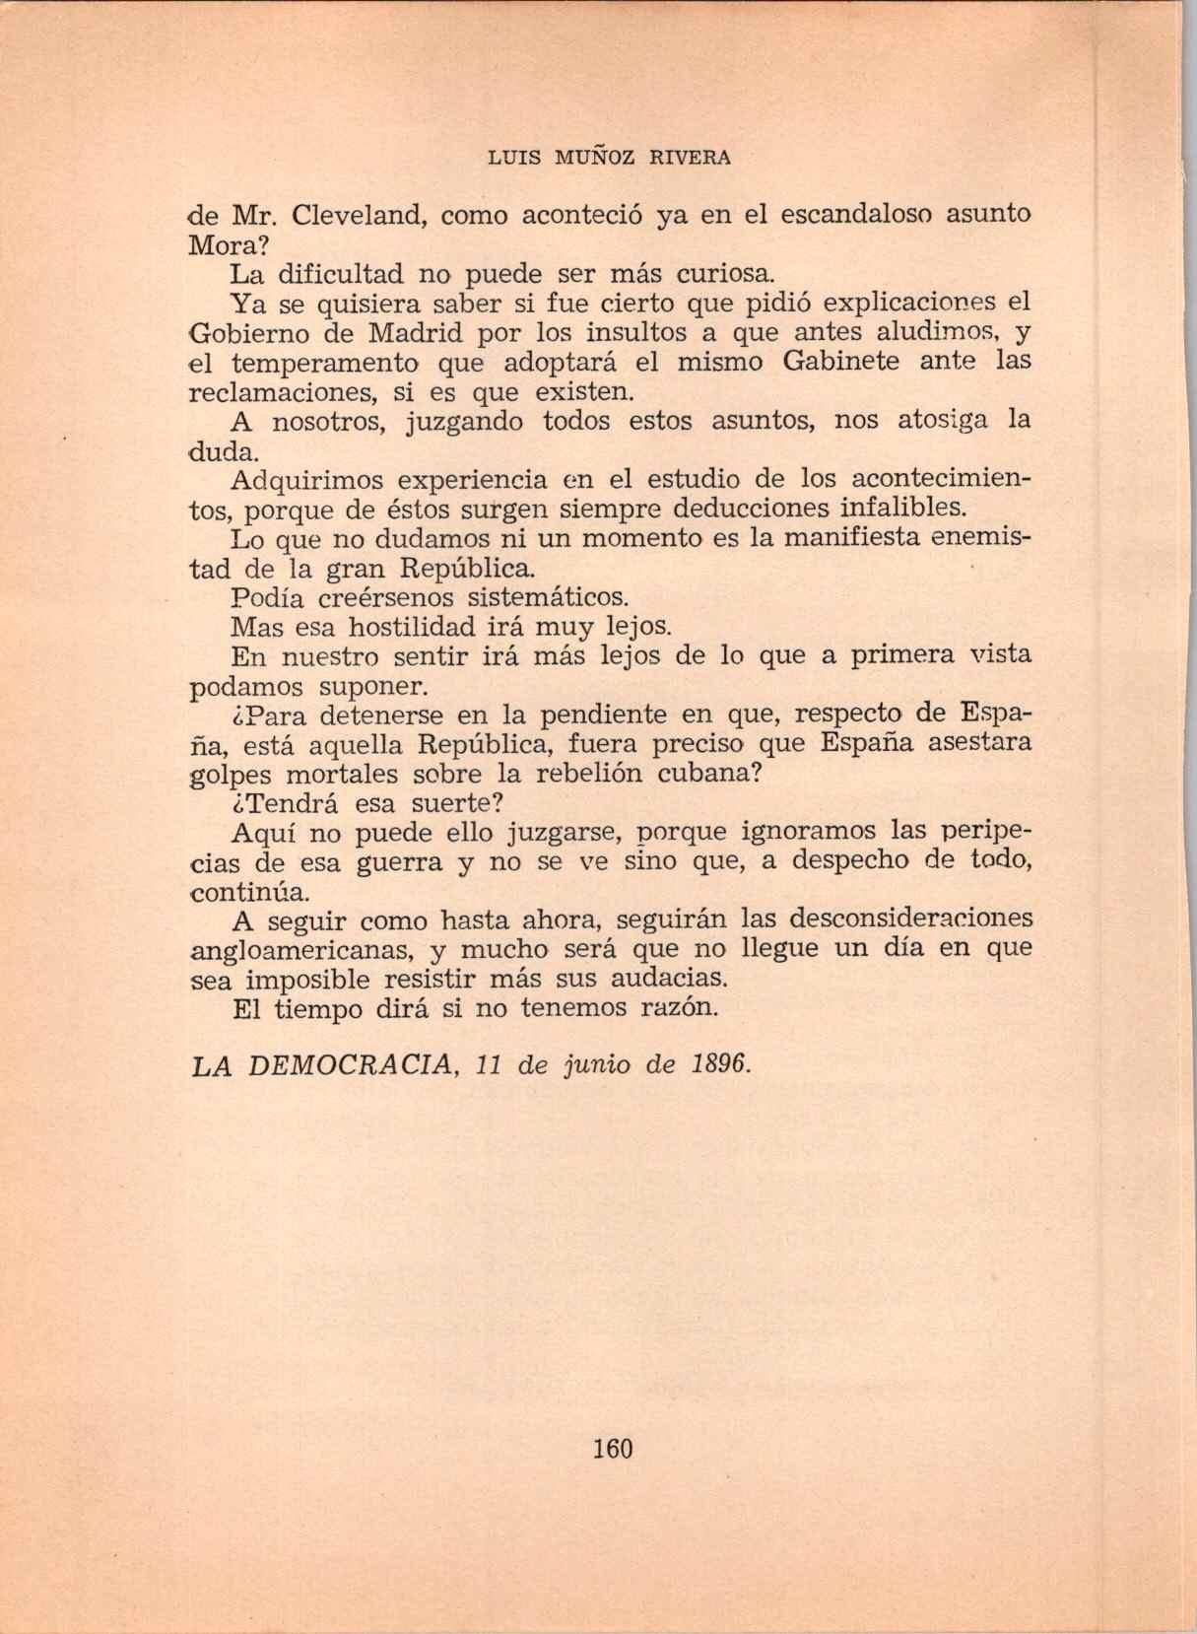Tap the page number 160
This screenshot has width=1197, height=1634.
[x=612, y=1449]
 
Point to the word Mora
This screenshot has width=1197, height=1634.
[x=223, y=243]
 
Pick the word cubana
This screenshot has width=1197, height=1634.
[x=709, y=773]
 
